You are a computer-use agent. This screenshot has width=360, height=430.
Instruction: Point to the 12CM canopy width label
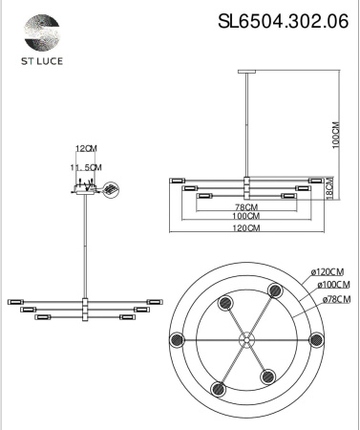(x=87, y=149)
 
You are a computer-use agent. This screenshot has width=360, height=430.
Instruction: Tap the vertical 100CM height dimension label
(x=336, y=135)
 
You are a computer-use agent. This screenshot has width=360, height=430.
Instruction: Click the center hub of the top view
(x=247, y=338)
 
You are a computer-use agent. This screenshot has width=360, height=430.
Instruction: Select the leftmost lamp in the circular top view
(x=177, y=339)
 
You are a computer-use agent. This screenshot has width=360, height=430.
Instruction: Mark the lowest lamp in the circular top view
(x=221, y=388)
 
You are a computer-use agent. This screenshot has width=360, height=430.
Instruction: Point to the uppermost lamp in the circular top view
(x=275, y=290)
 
